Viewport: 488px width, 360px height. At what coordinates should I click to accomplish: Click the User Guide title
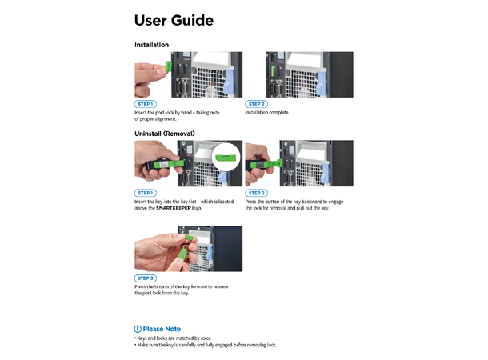(x=174, y=20)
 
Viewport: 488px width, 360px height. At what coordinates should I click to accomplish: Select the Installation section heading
(x=151, y=45)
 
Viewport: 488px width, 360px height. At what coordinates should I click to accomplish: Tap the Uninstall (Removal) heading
(x=165, y=133)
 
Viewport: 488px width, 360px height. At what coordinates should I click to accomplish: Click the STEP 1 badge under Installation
(x=145, y=105)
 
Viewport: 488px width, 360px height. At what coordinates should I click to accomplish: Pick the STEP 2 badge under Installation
(x=256, y=105)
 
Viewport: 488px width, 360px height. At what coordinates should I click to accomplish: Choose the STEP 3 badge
(x=145, y=278)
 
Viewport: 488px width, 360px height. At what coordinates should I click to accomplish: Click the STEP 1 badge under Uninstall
(x=145, y=193)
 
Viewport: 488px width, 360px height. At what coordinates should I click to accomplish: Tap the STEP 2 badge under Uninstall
(x=256, y=193)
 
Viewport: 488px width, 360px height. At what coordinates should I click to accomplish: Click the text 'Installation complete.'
(x=267, y=113)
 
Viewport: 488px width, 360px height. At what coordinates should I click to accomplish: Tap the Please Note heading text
(x=162, y=329)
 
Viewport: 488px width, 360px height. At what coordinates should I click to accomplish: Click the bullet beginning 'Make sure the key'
(x=206, y=345)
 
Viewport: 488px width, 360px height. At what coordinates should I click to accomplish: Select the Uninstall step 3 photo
(x=188, y=249)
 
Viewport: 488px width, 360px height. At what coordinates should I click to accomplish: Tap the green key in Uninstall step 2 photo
(x=263, y=167)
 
